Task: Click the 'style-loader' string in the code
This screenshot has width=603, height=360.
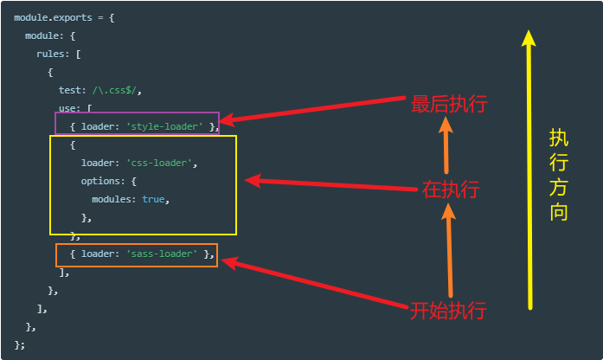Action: coord(164,126)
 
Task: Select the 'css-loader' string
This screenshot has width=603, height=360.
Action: coord(159,163)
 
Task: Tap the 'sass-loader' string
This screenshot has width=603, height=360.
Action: coord(162,254)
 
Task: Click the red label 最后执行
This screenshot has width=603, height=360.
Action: coord(449,104)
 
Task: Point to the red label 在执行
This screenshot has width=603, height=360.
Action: coord(451,190)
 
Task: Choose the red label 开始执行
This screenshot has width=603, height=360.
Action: coord(448,311)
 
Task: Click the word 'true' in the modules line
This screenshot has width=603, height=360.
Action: coord(153,199)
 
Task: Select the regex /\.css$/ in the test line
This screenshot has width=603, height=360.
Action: coord(114,90)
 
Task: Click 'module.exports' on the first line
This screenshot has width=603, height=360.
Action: coord(53,17)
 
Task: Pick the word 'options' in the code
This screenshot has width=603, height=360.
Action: coord(100,181)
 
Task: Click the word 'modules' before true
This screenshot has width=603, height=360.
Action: coord(112,199)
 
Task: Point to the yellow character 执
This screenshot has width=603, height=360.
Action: coord(559,138)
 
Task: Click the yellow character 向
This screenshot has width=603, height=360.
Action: coord(559,212)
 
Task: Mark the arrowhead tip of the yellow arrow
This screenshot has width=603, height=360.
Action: coord(529,30)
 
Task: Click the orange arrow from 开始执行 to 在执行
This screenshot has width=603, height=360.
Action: coord(450,250)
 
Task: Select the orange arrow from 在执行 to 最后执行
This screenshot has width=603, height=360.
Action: coord(446,145)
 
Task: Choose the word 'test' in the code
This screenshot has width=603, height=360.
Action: coord(69,90)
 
